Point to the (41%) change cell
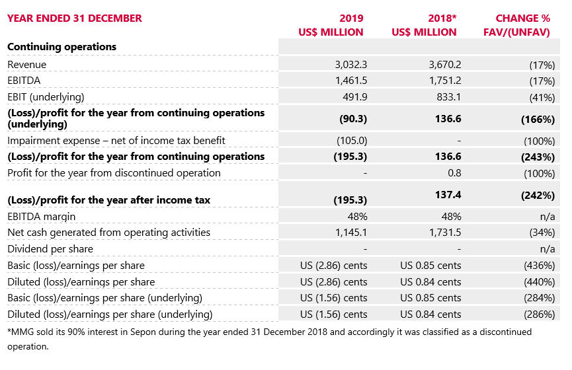click(541, 97)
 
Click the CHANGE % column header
click(522, 18)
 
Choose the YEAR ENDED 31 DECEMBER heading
click(74, 18)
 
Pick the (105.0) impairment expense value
click(352, 140)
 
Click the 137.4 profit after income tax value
click(447, 196)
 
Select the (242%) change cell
click(537, 196)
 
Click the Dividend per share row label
click(50, 249)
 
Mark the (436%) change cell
click(538, 266)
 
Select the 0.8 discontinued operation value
click(454, 173)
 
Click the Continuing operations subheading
click(61, 47)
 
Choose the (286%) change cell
click(538, 314)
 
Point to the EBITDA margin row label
click(41, 217)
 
